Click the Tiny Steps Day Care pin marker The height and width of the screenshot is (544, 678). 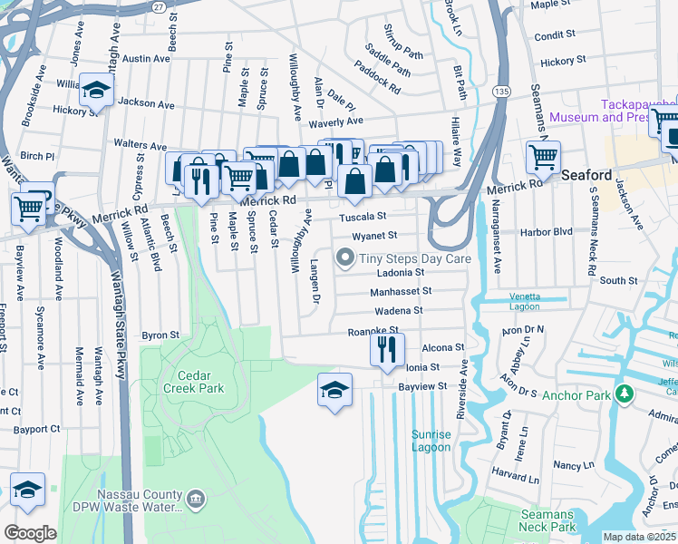pos(344,259)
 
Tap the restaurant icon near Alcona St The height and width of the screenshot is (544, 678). pos(387,348)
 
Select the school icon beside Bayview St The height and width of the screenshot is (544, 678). pos(334,391)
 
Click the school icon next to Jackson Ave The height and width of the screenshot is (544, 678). pos(95,91)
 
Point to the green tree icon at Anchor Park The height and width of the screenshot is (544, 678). pos(624,394)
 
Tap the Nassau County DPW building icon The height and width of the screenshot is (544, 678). pos(196,499)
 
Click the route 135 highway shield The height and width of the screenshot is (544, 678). pos(501,92)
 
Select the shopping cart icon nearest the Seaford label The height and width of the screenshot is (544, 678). pos(543,157)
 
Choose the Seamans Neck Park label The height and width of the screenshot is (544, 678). pos(547,520)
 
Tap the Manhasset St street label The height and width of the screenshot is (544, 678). pos(401,292)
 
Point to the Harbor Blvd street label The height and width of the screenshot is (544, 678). pos(547,232)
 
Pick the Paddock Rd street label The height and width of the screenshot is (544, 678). pos(377,78)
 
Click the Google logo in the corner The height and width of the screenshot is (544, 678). pos(30,533)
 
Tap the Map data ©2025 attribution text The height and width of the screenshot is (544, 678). pos(639,537)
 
